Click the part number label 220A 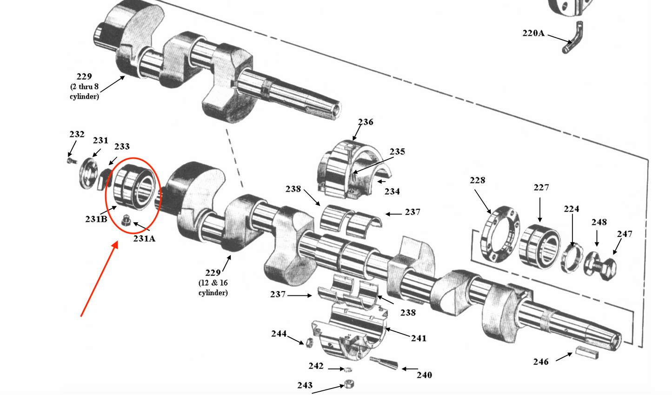pos(533,33)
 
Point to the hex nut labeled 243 pos(348,384)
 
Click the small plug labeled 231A pos(125,221)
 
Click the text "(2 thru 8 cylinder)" pos(84,92)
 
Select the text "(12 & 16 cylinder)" pos(213,288)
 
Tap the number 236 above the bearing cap pos(366,122)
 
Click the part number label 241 pos(419,338)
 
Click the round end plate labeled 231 pos(86,174)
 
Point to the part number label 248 pos(599,222)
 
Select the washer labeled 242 pos(347,369)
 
